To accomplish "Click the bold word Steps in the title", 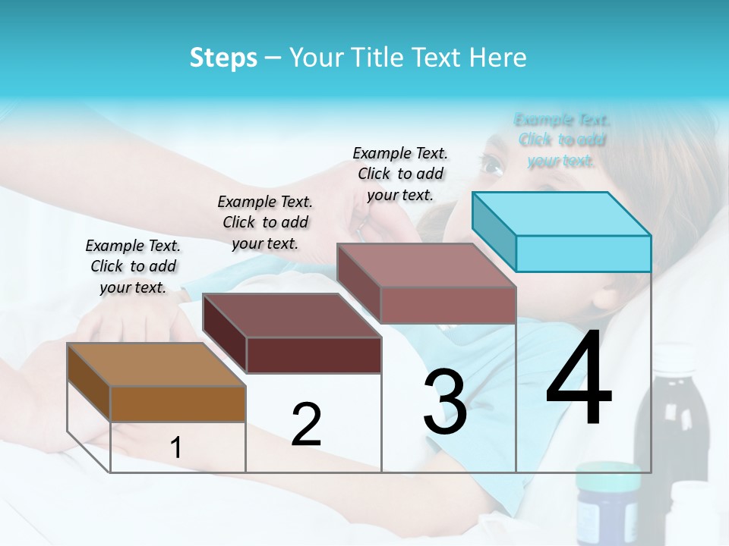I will (223, 58).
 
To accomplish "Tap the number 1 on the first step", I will (176, 448).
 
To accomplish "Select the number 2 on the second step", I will (306, 425).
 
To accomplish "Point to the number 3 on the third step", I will (445, 402).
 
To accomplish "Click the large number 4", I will (579, 378).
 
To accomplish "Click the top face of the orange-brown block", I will (156, 365).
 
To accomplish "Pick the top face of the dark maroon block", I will (292, 315).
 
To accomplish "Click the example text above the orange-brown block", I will (133, 266).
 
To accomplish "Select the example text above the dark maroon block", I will (265, 222).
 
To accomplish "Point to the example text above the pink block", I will (400, 174).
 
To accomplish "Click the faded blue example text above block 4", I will (562, 140).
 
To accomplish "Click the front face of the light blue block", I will (583, 253).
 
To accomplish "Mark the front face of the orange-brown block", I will (178, 403).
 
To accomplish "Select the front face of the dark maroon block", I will (314, 355).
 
